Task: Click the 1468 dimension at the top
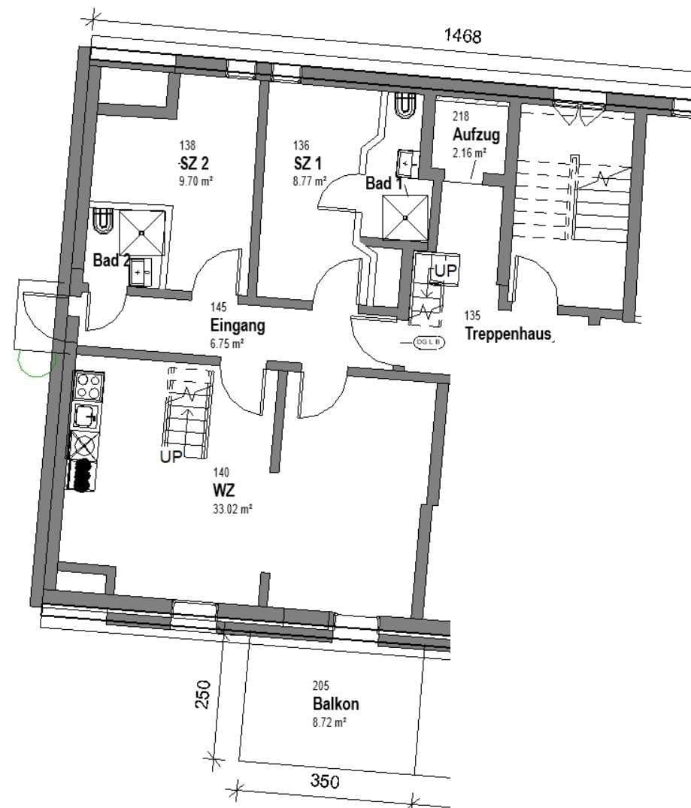[462, 35]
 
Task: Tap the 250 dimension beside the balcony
[199, 696]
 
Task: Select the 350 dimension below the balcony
[325, 781]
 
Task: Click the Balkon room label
[335, 704]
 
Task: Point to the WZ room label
[223, 491]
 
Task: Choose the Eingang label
[238, 327]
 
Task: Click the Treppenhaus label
[508, 334]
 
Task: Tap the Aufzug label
[475, 135]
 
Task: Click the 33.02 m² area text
[232, 509]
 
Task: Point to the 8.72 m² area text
[329, 722]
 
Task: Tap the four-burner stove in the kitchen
[88, 386]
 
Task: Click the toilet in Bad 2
[103, 220]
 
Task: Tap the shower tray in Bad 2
[141, 232]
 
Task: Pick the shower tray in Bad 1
[405, 217]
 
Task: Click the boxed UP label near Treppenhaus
[445, 271]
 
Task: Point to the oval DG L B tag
[429, 343]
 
